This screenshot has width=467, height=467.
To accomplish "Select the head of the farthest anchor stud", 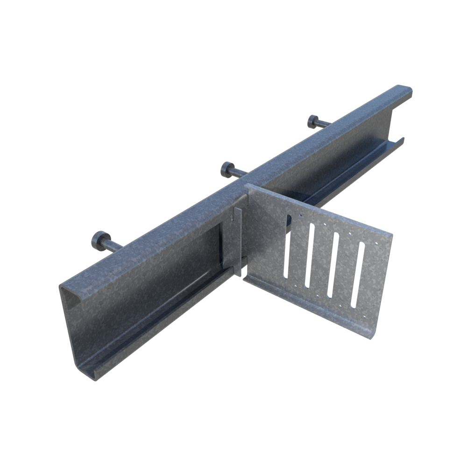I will (x=313, y=121).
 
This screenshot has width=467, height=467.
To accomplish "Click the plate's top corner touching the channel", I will (x=248, y=186).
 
